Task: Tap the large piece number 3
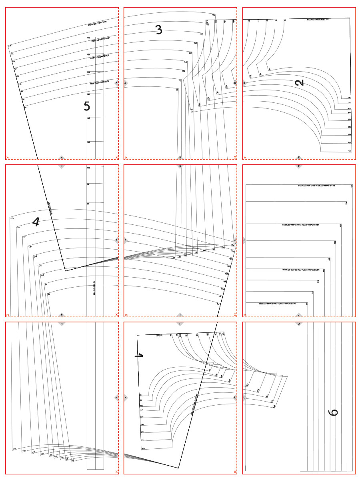159,30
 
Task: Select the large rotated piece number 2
299,82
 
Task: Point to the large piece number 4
36,221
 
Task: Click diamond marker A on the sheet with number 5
116,83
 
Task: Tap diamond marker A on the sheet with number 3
126,83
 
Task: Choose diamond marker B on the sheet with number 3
235,83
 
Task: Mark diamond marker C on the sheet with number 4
62,166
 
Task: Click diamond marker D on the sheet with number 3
180,158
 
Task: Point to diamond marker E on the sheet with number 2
299,158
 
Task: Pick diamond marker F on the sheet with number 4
116,241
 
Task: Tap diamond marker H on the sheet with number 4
62,315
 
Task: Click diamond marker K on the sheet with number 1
126,398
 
